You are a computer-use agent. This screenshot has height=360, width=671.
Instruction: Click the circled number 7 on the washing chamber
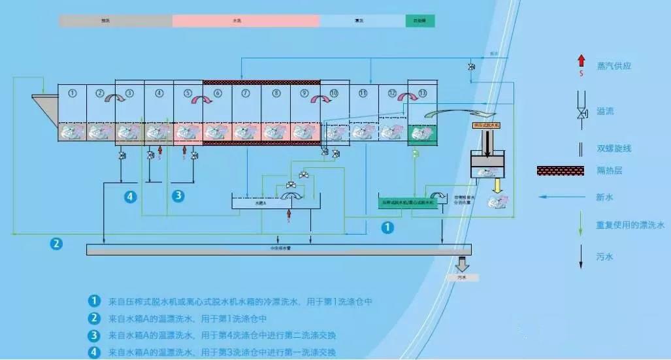246,93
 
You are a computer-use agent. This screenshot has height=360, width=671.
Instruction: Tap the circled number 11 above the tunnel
363,93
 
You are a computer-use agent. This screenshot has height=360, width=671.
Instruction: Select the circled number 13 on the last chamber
423,93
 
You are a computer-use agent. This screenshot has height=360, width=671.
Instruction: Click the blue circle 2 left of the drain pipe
57,244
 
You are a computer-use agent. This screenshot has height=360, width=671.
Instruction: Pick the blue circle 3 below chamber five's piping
178,195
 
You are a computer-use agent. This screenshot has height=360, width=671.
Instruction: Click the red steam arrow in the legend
581,62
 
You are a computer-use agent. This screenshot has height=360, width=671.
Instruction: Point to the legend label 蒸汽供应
614,66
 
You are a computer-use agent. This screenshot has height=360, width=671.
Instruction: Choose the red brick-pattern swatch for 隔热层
560,171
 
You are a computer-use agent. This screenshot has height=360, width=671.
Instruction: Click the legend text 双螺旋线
614,148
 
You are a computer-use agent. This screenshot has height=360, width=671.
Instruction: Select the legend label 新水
604,197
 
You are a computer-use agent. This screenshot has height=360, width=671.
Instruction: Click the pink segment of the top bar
246,21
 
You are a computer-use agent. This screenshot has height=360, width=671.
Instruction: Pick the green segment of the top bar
420,21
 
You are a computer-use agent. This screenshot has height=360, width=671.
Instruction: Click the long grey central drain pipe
279,249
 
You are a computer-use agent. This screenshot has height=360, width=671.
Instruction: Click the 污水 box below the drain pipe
461,278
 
